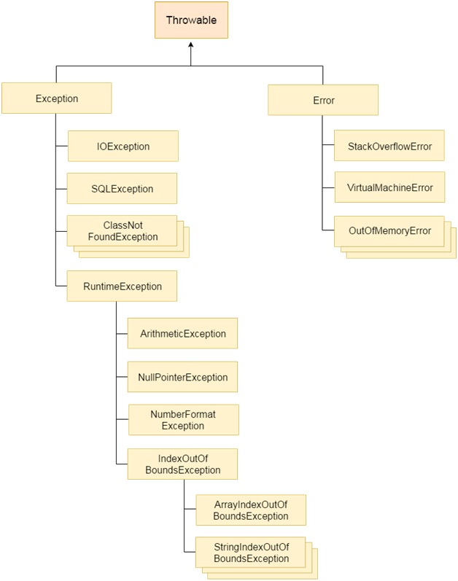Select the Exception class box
click(57, 98)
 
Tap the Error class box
click(323, 100)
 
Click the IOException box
click(123, 147)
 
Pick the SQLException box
click(122, 189)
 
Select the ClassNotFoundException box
click(122, 230)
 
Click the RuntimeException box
click(122, 286)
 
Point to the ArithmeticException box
click(182, 334)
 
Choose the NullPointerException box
click(182, 377)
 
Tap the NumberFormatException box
click(183, 420)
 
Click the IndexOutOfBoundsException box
click(182, 464)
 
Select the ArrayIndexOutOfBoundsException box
click(250, 510)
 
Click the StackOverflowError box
click(389, 147)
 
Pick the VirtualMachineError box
click(389, 187)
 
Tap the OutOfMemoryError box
click(389, 230)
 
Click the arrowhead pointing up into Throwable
click(191, 44)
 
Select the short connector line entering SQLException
click(61, 188)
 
